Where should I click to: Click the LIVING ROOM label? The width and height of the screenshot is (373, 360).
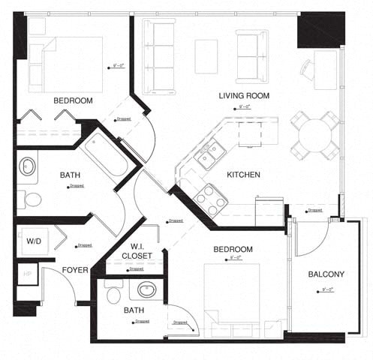pyautogui.click(x=243, y=96)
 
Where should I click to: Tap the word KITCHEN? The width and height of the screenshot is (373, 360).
pyautogui.click(x=243, y=175)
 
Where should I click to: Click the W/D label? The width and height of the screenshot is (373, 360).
pyautogui.click(x=34, y=241)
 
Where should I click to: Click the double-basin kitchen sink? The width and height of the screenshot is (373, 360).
pyautogui.click(x=209, y=155)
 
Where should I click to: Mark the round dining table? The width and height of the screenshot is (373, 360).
pyautogui.click(x=314, y=135)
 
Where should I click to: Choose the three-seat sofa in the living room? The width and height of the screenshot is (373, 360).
pyautogui.click(x=158, y=56)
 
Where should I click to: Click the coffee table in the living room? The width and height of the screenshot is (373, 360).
pyautogui.click(x=206, y=56)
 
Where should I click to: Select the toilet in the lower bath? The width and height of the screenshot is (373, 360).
pyautogui.click(x=113, y=294)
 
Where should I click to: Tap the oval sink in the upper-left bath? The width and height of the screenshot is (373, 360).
pyautogui.click(x=28, y=166)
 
